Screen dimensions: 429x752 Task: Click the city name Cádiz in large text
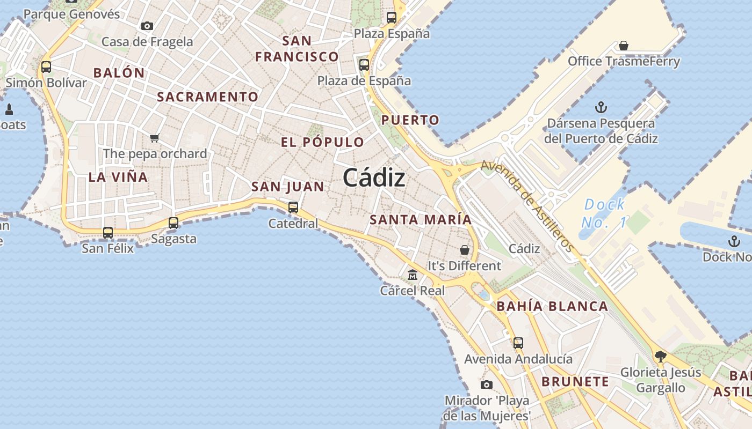point(374,177)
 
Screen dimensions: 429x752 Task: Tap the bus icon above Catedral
point(293,207)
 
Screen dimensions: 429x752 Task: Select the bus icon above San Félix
point(108,232)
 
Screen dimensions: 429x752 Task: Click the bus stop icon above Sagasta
point(173,223)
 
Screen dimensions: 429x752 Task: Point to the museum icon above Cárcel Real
point(413,275)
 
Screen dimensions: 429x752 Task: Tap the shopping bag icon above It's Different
point(465,250)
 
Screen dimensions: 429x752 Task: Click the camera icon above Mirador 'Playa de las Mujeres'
point(487,384)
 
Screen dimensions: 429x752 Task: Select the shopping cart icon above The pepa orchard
point(155,138)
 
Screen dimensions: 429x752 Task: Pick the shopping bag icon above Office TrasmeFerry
point(624,46)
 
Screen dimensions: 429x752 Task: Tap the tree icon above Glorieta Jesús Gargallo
point(661,356)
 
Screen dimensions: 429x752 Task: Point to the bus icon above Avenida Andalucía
point(518,343)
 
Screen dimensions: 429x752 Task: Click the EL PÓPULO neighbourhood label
point(322,142)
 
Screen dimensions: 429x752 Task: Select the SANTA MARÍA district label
point(421,219)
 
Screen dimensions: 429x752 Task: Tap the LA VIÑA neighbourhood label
point(118,177)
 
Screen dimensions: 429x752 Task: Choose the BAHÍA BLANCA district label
point(552,306)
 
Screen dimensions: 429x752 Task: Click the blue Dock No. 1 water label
point(604,212)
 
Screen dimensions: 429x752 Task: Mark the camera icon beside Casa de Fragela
point(147,26)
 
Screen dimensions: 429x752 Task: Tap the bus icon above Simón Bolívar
point(46,67)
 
